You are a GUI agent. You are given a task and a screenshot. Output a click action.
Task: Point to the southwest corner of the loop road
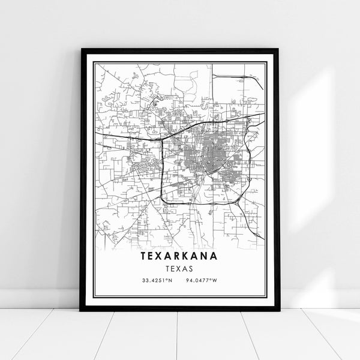[x=163, y=197]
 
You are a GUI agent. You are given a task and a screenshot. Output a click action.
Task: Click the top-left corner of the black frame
[x=81, y=49]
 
